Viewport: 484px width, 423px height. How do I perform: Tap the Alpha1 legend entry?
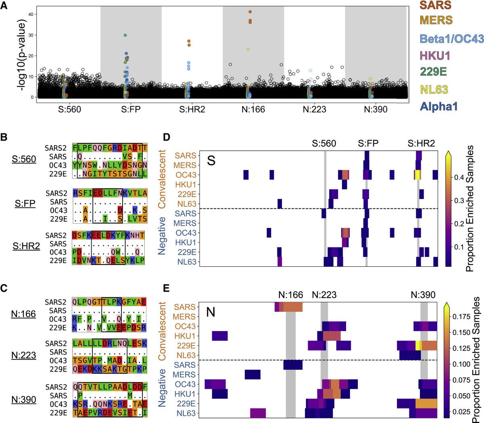[439, 107]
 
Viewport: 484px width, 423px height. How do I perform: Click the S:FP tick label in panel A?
[131, 109]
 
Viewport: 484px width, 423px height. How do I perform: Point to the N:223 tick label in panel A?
[314, 109]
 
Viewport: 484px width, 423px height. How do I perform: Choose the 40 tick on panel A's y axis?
[30, 15]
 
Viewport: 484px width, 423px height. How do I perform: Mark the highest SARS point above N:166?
[250, 12]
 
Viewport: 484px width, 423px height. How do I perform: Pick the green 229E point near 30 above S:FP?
[125, 35]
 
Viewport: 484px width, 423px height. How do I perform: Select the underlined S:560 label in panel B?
[24, 159]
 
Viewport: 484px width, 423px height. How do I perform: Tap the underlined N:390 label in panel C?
[24, 400]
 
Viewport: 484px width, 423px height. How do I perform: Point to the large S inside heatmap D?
[211, 160]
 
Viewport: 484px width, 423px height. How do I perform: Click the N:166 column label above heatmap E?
[290, 295]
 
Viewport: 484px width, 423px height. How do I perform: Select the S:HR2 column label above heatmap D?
[421, 143]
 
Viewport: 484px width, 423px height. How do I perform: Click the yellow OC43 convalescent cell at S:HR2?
[418, 175]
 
